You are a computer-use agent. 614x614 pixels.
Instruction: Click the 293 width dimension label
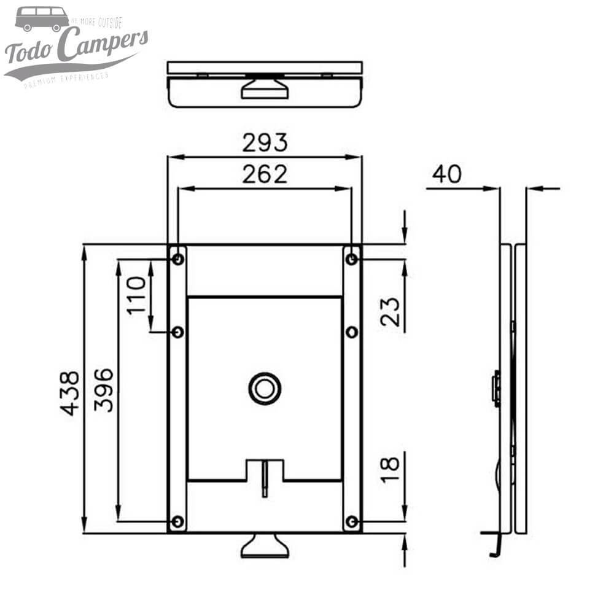pyautogui.click(x=265, y=142)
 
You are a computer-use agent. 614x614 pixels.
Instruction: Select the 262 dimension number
pyautogui.click(x=265, y=174)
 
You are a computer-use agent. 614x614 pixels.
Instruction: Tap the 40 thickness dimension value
pyautogui.click(x=446, y=174)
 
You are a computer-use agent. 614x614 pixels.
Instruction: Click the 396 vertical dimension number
pyautogui.click(x=104, y=390)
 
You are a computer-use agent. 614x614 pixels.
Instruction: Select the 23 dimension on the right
pyautogui.click(x=391, y=311)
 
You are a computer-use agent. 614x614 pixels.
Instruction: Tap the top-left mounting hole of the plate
pyautogui.click(x=177, y=259)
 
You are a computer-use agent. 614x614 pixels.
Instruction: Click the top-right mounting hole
pyautogui.click(x=352, y=259)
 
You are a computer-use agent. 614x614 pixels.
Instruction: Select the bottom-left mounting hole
pyautogui.click(x=177, y=522)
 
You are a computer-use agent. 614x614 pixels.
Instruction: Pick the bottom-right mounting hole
pyautogui.click(x=352, y=522)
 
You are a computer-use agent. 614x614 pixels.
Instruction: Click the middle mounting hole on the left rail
pyautogui.click(x=177, y=332)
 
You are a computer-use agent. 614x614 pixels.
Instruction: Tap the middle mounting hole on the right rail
pyautogui.click(x=352, y=332)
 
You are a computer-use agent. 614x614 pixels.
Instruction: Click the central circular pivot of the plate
pyautogui.click(x=265, y=388)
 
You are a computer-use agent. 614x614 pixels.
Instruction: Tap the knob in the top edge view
pyautogui.click(x=264, y=87)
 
